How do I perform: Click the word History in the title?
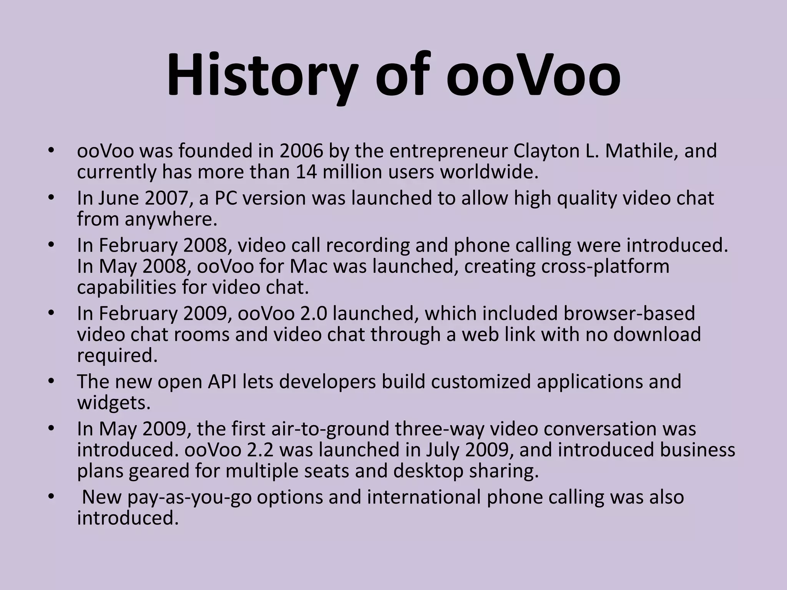coord(262,75)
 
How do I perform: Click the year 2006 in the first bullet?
coord(301,151)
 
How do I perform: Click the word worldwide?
coord(489,172)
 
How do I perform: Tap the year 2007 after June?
coord(169,198)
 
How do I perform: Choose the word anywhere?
coord(171,219)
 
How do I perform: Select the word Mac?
coord(307,267)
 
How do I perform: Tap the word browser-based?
coord(629,313)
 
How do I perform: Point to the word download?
coord(657,334)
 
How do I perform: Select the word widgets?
coord(113,403)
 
